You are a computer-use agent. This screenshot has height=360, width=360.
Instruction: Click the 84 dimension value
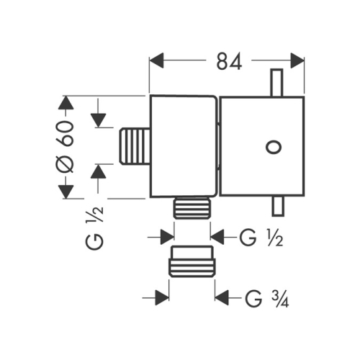[x=229, y=61]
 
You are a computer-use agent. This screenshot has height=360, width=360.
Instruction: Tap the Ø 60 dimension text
[x=66, y=147]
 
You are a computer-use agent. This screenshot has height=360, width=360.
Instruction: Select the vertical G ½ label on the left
[x=94, y=228]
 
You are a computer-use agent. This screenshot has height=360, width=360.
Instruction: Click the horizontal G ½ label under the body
[x=261, y=238]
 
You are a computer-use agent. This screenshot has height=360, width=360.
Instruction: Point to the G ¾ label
[x=267, y=299]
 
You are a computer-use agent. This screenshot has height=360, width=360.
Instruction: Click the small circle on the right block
[x=274, y=147]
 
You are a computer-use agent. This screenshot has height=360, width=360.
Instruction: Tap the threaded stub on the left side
[x=135, y=146]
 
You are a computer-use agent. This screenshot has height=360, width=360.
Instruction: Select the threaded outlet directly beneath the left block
[x=192, y=208]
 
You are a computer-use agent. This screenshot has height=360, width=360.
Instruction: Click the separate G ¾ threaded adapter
[x=192, y=261]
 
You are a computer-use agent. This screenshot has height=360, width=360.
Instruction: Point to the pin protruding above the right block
[x=276, y=83]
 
